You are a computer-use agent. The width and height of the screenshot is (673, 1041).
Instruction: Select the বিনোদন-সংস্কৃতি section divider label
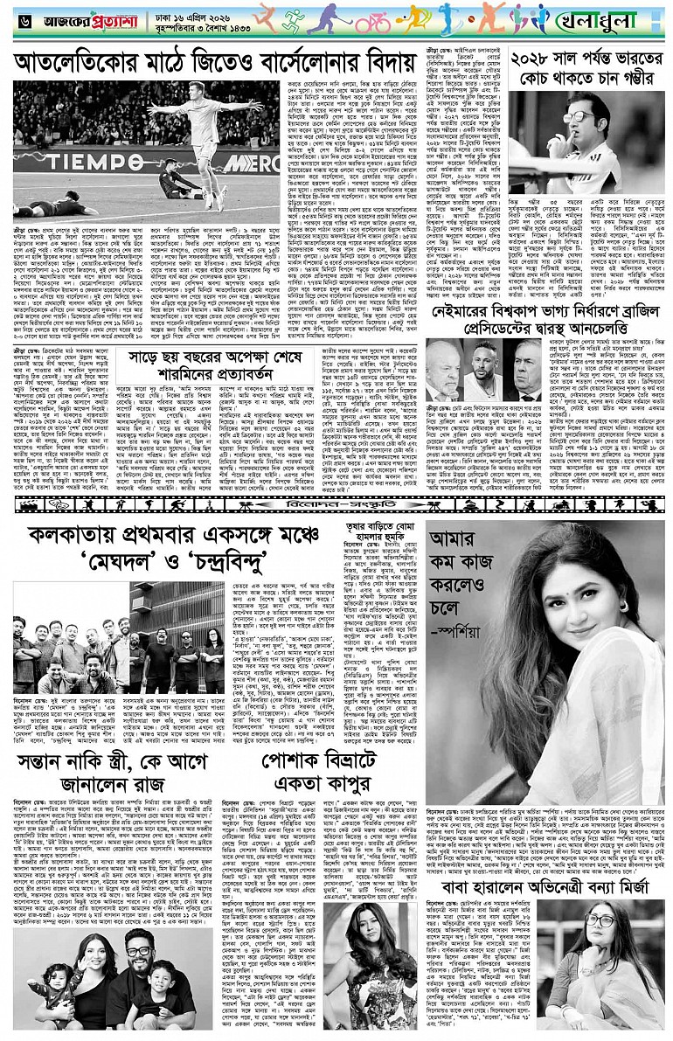335,504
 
